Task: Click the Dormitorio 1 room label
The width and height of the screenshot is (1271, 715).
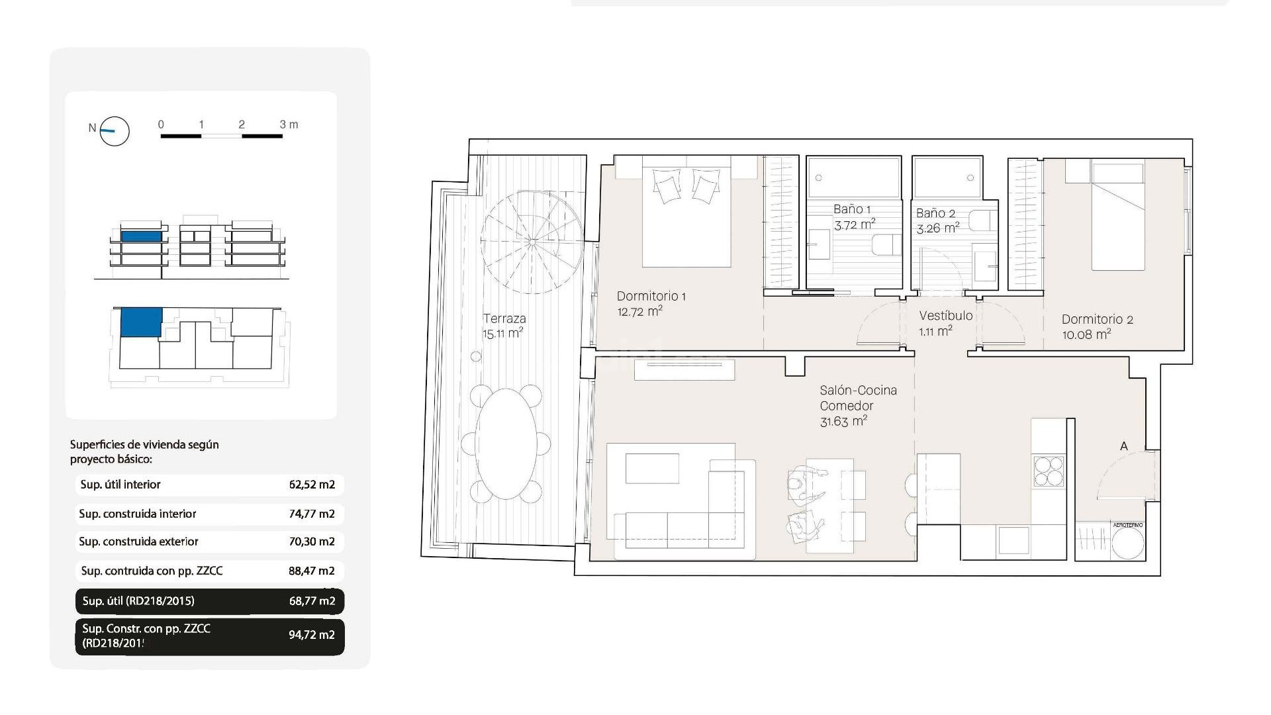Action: click(651, 296)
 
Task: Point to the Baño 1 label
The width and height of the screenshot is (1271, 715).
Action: click(851, 209)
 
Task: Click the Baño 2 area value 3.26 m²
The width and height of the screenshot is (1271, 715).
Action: click(937, 228)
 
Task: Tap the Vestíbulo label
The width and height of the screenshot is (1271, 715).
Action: click(945, 316)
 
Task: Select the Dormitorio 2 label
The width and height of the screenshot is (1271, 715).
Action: click(1097, 319)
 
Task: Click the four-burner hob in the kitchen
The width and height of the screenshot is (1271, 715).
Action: click(1048, 471)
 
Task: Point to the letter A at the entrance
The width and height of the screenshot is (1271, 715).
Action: click(1123, 446)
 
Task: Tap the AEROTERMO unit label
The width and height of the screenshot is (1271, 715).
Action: click(1127, 525)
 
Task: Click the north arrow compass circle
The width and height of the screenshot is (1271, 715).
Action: click(115, 131)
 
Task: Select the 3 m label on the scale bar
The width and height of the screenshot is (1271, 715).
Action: click(289, 124)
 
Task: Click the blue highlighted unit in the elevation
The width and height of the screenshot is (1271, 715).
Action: click(141, 236)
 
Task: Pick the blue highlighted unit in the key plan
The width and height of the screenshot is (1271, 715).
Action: click(140, 321)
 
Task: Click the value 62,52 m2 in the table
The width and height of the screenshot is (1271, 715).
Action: click(312, 485)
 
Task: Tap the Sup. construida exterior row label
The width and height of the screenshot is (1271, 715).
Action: click(138, 542)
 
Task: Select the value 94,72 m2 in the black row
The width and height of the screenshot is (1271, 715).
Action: click(311, 635)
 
